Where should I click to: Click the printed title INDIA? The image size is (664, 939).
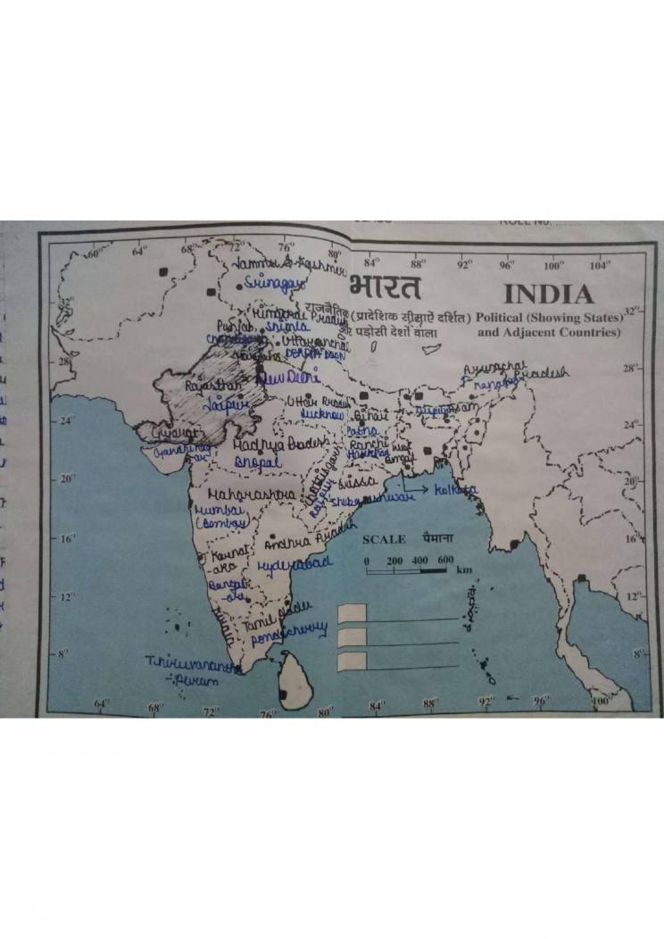point(548,294)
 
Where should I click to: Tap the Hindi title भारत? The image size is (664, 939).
point(385,287)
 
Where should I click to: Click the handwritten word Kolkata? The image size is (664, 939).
point(455,490)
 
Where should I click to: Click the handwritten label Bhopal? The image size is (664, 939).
point(258,462)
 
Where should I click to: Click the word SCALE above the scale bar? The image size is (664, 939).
point(384,539)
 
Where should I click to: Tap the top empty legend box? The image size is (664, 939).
point(353,611)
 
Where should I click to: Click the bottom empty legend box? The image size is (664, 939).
point(353,660)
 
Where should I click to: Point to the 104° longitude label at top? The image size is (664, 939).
point(600,264)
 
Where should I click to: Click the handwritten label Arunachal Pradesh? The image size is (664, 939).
point(513,372)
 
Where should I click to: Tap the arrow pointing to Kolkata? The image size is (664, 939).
point(416,488)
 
